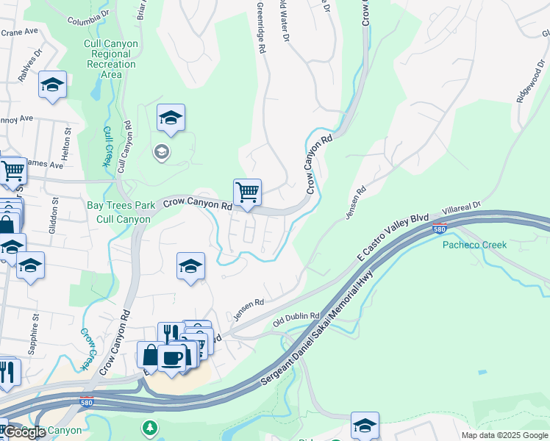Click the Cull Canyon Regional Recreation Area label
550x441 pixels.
coord(111,54)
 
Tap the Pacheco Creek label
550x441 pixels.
coord(474,245)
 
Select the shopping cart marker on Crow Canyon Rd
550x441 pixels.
coord(248,193)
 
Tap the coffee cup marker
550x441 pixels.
coord(172,358)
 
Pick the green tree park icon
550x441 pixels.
coord(150,427)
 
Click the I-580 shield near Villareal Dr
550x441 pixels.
coord(440,229)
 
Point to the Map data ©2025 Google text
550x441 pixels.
coord(504,435)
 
